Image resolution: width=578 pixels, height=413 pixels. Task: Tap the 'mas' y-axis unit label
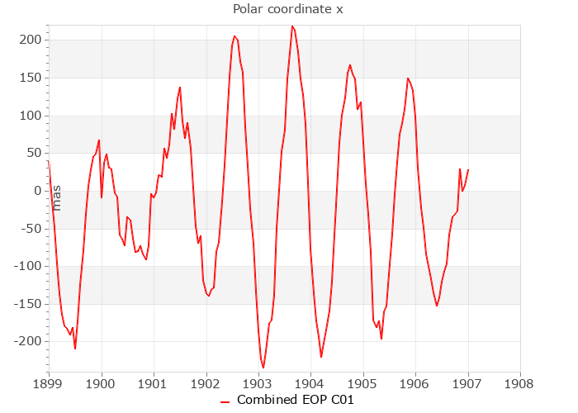(57, 197)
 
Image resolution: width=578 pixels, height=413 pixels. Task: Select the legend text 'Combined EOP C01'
(296, 400)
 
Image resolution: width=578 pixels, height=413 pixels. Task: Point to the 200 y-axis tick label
(31, 40)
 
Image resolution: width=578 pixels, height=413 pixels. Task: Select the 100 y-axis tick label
(31, 116)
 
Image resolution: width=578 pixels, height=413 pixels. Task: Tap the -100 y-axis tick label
(29, 266)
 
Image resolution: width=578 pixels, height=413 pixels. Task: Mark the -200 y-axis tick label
(29, 341)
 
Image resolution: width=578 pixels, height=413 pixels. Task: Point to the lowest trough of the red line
(263, 368)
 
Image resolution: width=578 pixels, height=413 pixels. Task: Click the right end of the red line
(468, 170)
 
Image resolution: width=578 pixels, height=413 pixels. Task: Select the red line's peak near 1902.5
(235, 36)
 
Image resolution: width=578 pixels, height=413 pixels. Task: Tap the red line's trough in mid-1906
(437, 306)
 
